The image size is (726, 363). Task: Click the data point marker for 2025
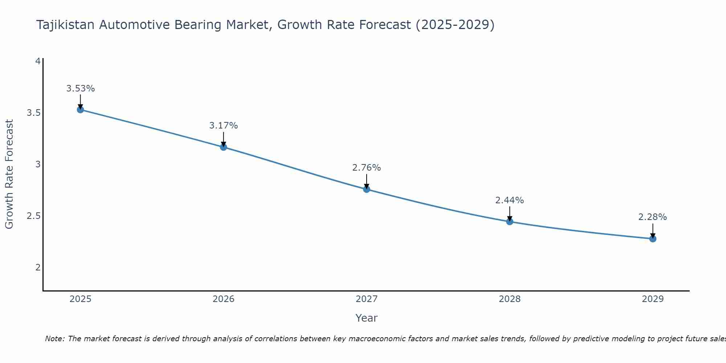(81, 110)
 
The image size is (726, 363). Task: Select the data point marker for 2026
(224, 147)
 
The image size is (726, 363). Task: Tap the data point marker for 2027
(367, 189)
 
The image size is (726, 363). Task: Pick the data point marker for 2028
(510, 221)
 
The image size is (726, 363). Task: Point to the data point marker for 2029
(653, 238)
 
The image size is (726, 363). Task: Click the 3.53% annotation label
(81, 89)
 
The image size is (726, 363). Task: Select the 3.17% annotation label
(224, 126)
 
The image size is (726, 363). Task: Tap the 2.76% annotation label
(367, 168)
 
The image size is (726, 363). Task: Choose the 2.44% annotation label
(510, 200)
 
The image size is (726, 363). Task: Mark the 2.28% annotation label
(653, 217)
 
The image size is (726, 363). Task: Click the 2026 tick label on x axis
(224, 299)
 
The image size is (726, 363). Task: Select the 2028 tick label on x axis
(510, 299)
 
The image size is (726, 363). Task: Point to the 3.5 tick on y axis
(33, 113)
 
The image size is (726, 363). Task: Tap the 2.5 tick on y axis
(33, 216)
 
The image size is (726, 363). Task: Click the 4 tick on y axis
(38, 61)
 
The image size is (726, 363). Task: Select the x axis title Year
(367, 318)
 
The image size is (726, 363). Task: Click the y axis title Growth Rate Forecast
(9, 174)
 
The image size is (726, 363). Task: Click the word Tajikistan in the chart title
(66, 25)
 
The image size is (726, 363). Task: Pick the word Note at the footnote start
(54, 339)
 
